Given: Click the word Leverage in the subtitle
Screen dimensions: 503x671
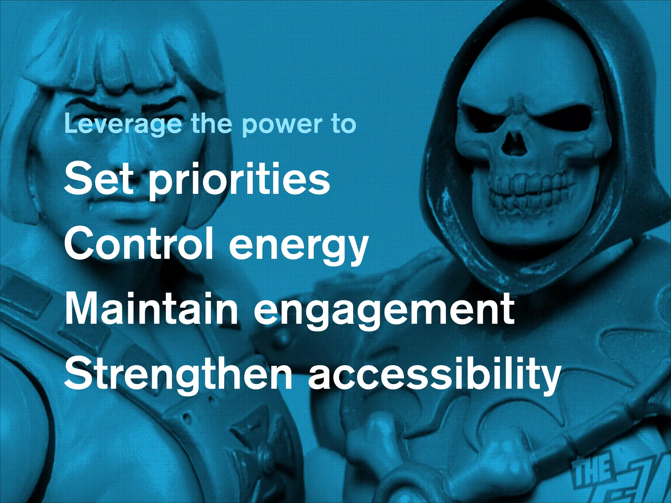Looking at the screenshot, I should click(123, 124).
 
